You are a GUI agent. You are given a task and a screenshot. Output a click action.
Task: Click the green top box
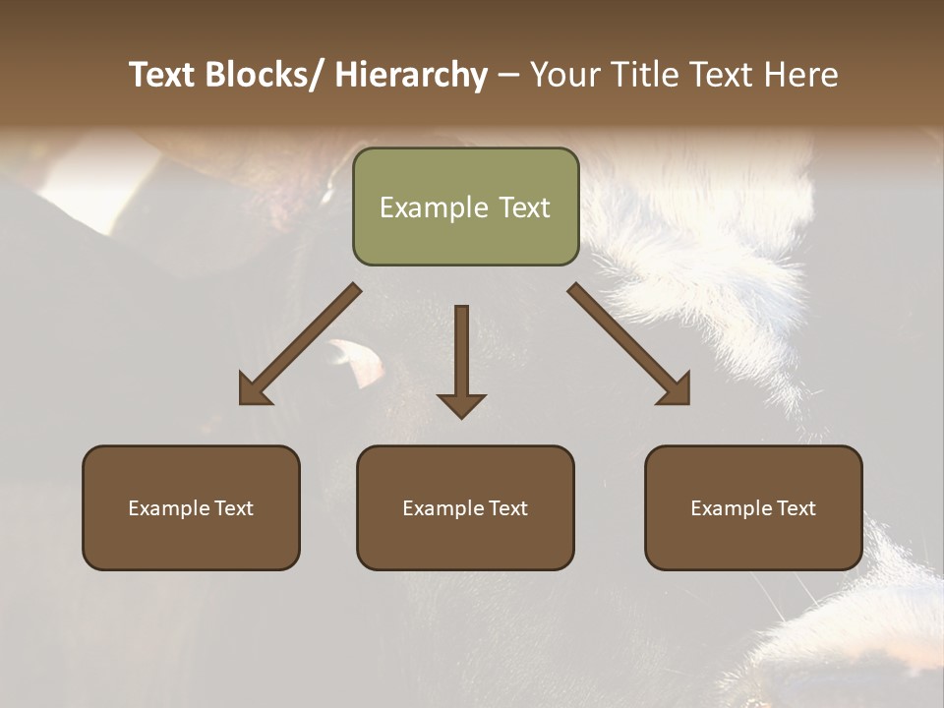[465, 206]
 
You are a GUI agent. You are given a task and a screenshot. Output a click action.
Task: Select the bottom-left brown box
[191, 507]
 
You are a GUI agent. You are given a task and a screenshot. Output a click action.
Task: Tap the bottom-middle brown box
[465, 507]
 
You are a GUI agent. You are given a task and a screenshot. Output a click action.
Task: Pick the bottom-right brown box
[753, 507]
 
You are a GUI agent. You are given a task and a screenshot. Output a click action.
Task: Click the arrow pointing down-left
[300, 344]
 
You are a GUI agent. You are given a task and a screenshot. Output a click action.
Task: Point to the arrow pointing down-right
[629, 344]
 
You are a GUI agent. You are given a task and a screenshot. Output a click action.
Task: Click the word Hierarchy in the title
[411, 75]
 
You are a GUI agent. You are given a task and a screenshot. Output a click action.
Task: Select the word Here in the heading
[801, 75]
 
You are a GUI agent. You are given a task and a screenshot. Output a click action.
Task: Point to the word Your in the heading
[563, 75]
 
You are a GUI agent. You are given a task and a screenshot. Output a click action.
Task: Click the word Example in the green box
[434, 207]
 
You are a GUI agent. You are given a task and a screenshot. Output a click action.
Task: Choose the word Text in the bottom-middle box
[504, 508]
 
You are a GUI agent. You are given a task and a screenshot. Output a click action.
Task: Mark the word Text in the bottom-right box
[793, 508]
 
